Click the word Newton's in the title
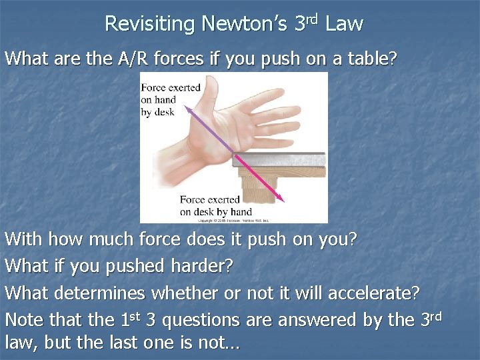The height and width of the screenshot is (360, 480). pos(245,25)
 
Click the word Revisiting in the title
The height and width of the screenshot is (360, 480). pos(149,25)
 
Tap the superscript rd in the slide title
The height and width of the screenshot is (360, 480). pos(313,18)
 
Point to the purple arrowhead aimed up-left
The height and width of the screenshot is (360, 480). pos(187,107)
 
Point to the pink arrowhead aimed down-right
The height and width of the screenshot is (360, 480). pos(281,198)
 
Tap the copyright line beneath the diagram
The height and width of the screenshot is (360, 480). pos(233,219)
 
